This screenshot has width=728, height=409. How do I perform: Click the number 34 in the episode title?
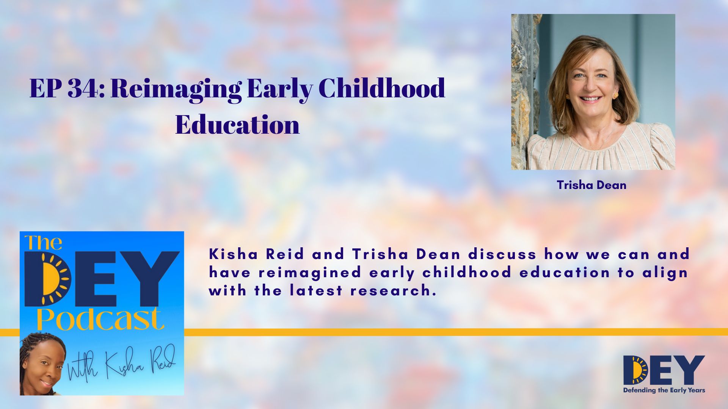coord(83,89)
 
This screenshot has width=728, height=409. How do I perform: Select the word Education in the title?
coord(237,125)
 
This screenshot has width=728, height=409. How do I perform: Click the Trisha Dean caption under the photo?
coord(591,185)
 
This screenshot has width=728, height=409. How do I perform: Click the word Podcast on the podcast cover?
coord(100,320)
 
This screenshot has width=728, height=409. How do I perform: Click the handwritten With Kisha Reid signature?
coord(121,363)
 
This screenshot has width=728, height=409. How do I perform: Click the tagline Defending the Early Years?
coord(664,390)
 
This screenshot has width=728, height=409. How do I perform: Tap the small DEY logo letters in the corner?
coord(664,370)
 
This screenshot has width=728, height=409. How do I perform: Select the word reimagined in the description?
coord(310,273)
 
